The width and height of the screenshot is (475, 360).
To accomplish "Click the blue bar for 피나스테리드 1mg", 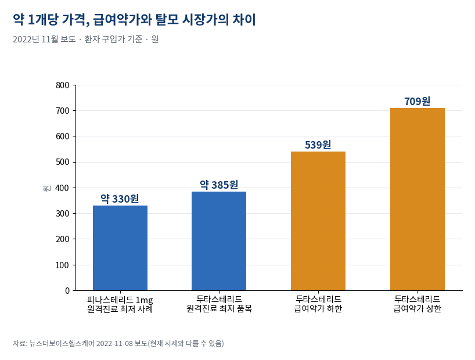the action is point(120,248).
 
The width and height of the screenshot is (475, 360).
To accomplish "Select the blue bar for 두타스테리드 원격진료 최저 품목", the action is point(219,241).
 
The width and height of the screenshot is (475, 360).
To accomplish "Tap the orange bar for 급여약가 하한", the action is point(318,221).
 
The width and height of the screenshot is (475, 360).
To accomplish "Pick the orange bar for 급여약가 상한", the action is point(418,199).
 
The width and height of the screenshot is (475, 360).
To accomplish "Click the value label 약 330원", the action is point(120,199).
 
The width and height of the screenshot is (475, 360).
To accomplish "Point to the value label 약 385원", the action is point(219,185).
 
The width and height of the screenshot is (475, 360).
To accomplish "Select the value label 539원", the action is point(318,145).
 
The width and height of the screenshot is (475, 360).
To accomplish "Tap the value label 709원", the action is point(418,101).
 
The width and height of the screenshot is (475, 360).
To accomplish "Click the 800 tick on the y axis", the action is point(62,85).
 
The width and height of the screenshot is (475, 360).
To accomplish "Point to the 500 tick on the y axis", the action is point(62,162).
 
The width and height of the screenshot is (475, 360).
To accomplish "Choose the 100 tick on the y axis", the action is point(62,265).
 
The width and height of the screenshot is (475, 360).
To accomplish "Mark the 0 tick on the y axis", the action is point(67,290).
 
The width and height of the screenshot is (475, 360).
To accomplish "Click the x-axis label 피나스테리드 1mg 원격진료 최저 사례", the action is point(120,304).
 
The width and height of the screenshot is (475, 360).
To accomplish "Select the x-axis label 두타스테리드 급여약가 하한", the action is point(318,304).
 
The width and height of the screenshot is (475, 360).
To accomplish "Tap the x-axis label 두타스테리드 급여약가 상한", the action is point(418,304).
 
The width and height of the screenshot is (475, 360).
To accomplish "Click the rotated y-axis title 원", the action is point(46,188).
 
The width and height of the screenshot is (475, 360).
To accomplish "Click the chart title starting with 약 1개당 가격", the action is point(135,20).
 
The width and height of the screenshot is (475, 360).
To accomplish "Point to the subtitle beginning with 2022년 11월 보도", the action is point(86,39).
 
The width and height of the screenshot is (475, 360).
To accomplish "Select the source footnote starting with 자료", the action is point(118,343).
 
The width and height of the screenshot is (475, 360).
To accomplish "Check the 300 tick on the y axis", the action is point(62,214).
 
